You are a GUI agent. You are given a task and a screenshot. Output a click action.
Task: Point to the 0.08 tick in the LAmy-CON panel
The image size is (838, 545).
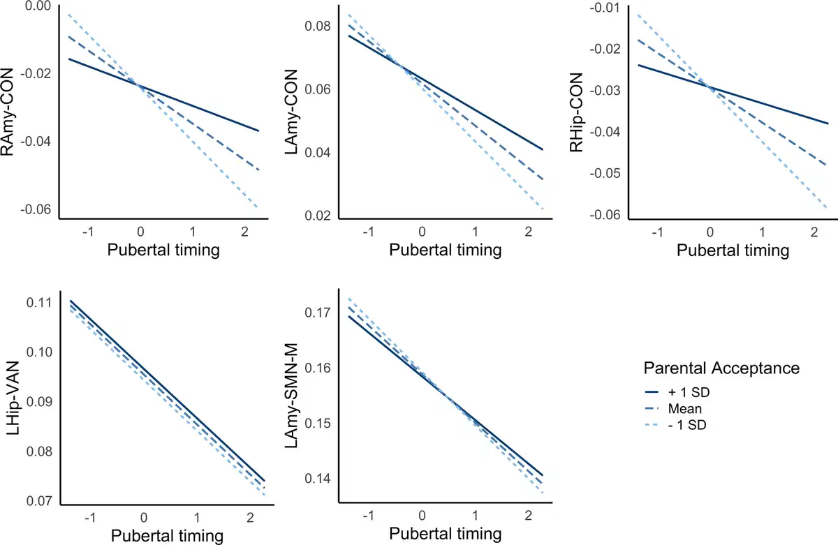[318, 27]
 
